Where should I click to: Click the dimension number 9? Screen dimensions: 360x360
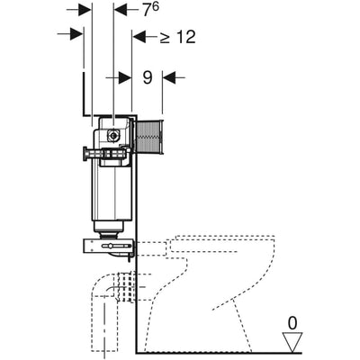click(x=148, y=77)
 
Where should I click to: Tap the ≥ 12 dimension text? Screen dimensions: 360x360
click(x=177, y=37)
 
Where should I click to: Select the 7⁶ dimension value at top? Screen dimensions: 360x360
click(x=150, y=10)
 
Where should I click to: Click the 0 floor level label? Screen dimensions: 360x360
click(x=292, y=323)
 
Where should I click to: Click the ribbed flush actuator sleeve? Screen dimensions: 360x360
click(x=149, y=137)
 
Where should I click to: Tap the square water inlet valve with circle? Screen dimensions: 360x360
click(x=113, y=135)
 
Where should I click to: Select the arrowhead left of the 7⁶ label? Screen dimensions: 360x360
click(x=121, y=10)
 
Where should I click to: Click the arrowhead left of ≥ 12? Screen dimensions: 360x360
click(x=139, y=37)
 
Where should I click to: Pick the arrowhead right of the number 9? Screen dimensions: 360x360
click(x=169, y=77)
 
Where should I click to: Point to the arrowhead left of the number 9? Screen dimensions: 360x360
click(x=125, y=77)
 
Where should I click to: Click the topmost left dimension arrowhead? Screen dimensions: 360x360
click(x=85, y=10)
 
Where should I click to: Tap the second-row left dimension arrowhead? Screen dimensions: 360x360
click(x=76, y=34)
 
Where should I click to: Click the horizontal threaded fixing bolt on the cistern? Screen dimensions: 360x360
click(x=104, y=154)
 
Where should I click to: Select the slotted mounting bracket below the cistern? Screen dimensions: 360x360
click(x=109, y=246)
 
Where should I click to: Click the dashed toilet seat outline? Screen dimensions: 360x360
click(x=222, y=244)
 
